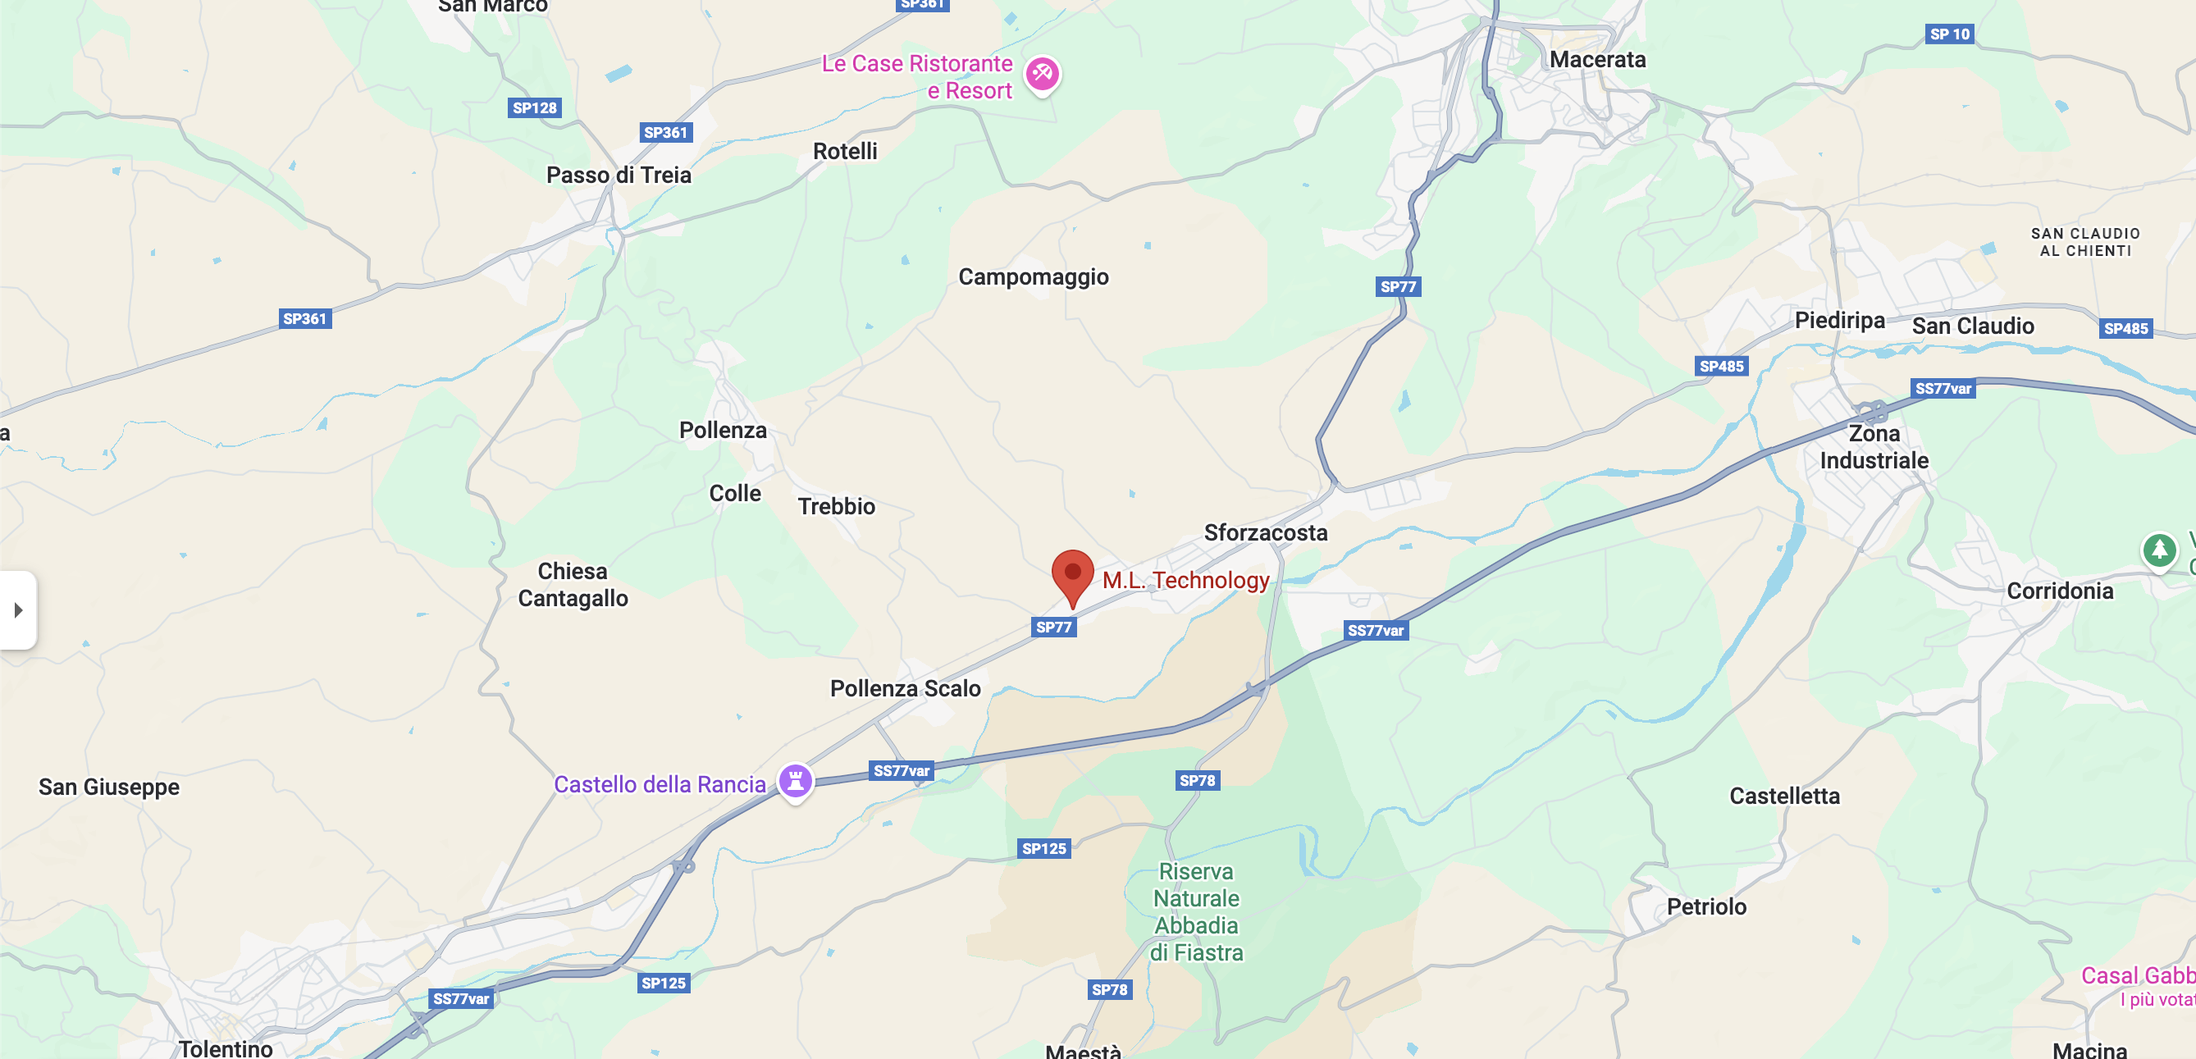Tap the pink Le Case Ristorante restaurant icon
1042,74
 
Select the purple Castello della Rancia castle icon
796,780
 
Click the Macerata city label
1596,60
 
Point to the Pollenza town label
723,431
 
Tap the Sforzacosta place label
1265,533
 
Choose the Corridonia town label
2060,591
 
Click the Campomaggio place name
1034,277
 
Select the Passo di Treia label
618,176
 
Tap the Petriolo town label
1705,906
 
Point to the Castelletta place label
1784,796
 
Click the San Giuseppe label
109,786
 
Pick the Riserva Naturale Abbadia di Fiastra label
1196,911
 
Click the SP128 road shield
535,108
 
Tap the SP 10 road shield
1950,34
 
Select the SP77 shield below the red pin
1053,628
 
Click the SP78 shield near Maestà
1109,990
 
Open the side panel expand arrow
18,609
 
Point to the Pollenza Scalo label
906,688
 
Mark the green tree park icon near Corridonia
2158,550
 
